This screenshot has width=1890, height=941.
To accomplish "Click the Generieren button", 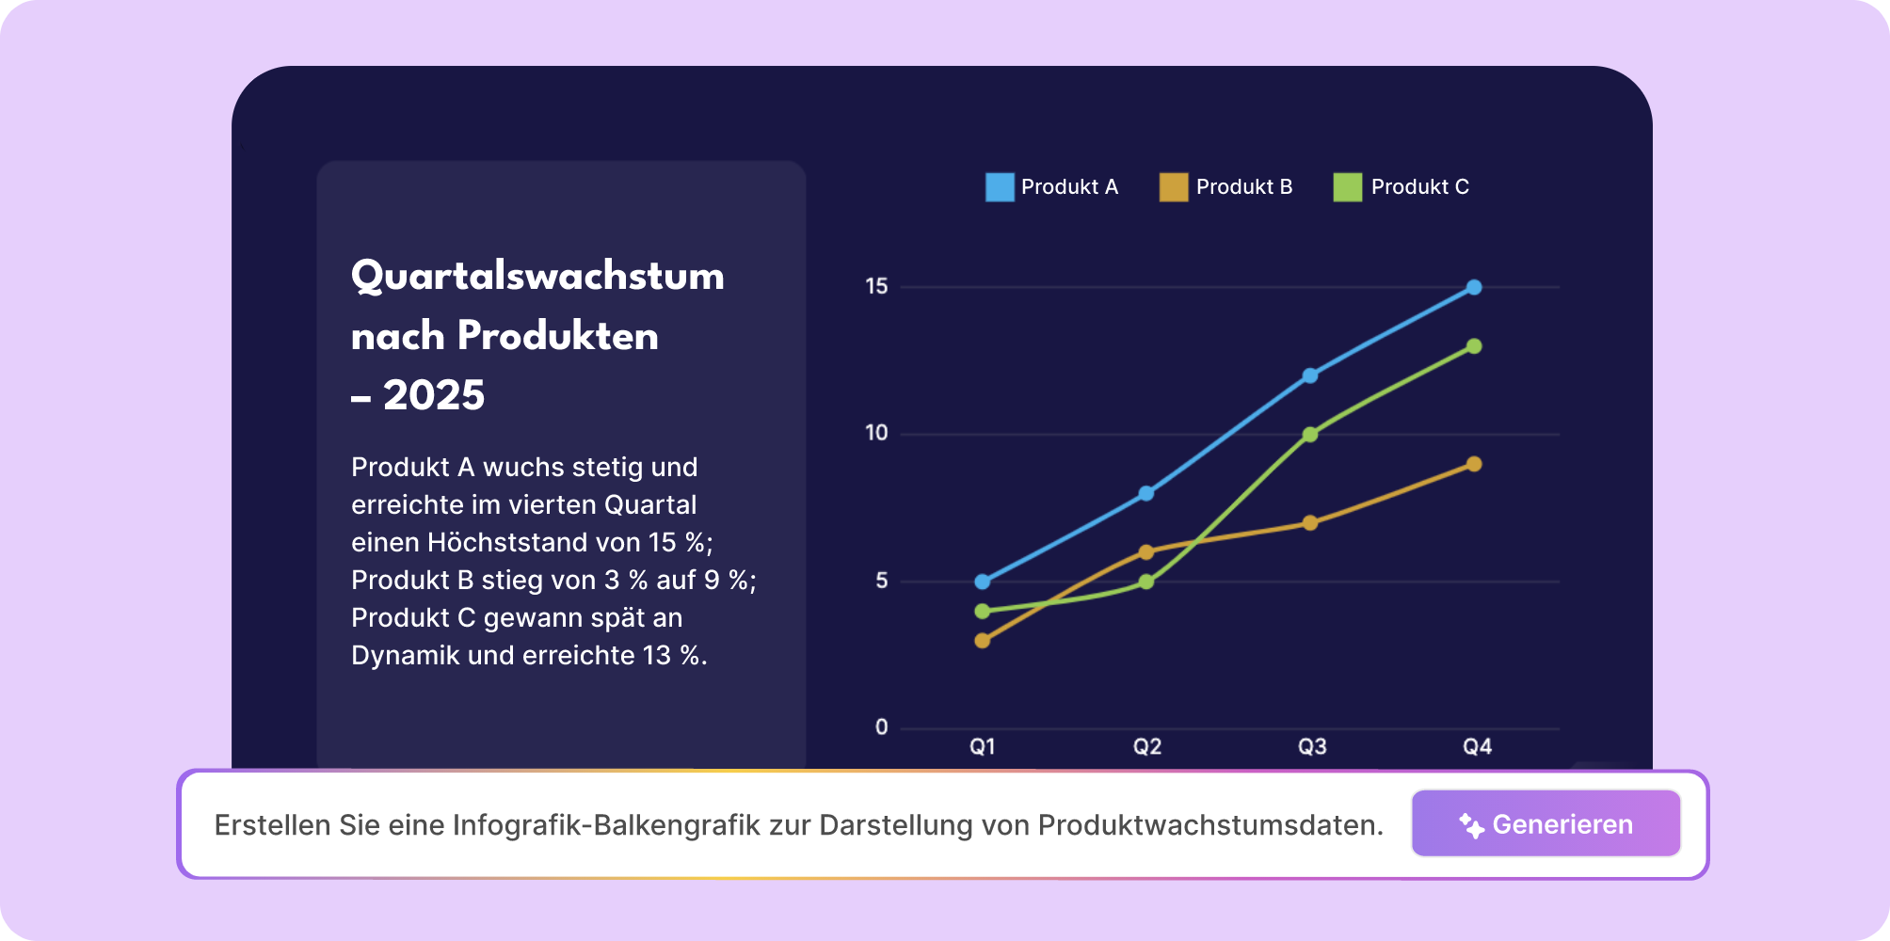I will click(1546, 823).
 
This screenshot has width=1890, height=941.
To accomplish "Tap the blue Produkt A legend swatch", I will click(1000, 187).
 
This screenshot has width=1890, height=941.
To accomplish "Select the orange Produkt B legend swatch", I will click(1174, 187).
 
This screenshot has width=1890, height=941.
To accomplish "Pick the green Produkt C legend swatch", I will click(1348, 187).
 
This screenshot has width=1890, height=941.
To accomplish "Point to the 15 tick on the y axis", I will click(876, 286).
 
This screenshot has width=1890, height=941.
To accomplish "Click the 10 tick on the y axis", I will click(876, 433).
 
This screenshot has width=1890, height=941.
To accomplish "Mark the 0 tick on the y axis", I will click(881, 726).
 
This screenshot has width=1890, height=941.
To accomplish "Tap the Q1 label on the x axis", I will click(983, 747).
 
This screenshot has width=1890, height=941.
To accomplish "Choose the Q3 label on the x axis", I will click(1311, 747).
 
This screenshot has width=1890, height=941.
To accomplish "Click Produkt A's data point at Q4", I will click(1474, 287).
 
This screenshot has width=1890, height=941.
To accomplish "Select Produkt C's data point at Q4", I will click(1474, 346).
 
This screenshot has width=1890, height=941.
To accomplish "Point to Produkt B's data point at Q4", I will click(1474, 464).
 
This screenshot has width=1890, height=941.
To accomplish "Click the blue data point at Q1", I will click(983, 582).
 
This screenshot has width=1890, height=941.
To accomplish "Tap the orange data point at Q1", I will click(983, 641).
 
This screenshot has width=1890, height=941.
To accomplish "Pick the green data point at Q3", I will click(1310, 435).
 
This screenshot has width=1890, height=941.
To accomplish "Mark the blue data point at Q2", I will click(1146, 493).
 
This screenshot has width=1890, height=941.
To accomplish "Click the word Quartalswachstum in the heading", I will click(537, 277).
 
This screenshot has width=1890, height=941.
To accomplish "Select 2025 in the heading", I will click(434, 395).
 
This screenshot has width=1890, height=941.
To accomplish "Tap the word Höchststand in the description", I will click(507, 543).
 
